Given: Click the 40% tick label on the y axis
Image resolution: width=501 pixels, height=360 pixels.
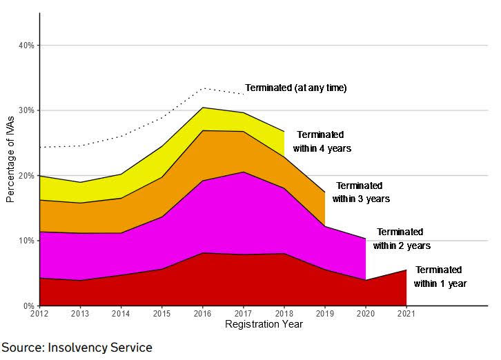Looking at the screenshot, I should coord(26,46).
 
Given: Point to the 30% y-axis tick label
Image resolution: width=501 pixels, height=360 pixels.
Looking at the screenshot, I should coord(26,110).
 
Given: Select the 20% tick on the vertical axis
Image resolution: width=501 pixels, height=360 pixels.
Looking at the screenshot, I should coord(26,176).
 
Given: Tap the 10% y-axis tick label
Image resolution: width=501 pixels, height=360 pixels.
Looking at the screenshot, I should coord(26,241).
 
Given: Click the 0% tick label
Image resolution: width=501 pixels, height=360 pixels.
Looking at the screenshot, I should coord(28,306).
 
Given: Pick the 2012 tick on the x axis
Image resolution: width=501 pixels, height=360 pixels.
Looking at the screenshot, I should coord(40,315).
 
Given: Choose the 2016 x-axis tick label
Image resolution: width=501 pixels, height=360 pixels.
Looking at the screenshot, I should coord(203,315).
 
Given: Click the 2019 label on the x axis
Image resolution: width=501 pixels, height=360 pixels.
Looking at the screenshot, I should coord(325,315).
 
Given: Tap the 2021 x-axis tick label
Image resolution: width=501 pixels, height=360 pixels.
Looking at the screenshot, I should coord(406,315).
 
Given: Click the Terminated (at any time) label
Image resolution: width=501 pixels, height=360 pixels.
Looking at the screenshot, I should coord(295,88).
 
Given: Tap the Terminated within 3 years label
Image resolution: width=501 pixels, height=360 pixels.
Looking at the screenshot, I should coord(361,192).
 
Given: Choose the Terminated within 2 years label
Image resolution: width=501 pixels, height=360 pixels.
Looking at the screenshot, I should coord(401,239).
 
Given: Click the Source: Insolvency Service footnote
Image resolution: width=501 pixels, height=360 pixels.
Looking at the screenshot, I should coord(77,348).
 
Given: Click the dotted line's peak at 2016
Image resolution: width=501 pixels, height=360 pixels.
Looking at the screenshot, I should coord(203,88).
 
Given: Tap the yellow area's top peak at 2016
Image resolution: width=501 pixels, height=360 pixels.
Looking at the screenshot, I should coord(203,108).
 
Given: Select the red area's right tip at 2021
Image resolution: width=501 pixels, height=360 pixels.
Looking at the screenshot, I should coord(406,270).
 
